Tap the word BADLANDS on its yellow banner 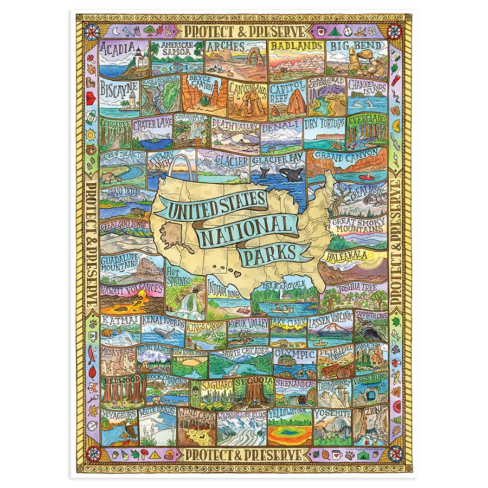point(297,47)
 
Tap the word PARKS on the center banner point(268,253)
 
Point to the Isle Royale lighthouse point(281,295)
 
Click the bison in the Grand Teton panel point(137,211)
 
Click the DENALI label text point(281,126)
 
